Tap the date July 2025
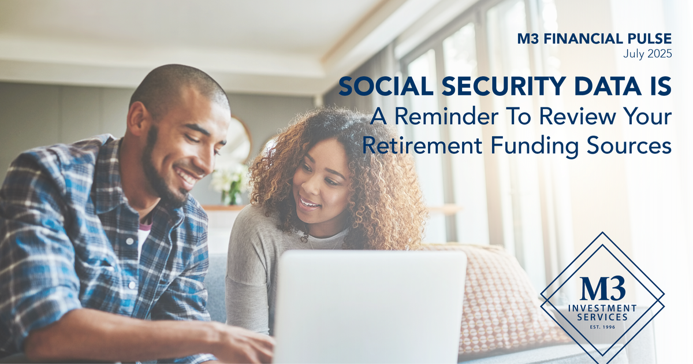tap(647, 54)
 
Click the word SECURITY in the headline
tap(504, 86)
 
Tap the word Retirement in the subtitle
tap(422, 145)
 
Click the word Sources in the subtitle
tap(629, 145)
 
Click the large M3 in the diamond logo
tap(603, 288)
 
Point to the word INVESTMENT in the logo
tap(602, 309)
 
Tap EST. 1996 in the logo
tap(602, 327)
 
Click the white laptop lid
tap(370, 306)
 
